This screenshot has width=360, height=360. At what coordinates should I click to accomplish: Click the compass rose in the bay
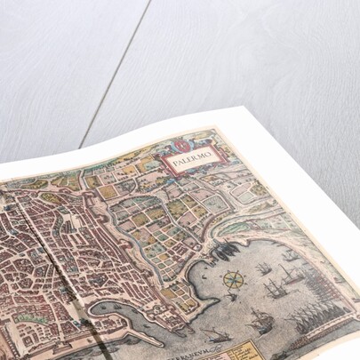pyautogui.click(x=233, y=280)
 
